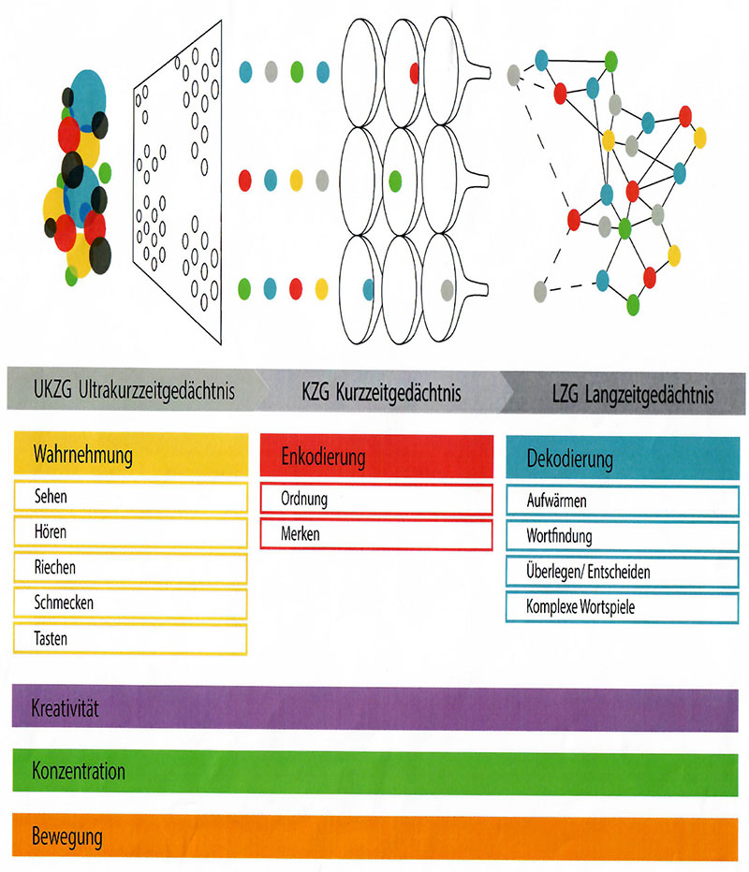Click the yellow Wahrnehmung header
[131, 456]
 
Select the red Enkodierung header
[376, 458]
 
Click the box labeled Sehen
[131, 497]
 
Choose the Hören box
[131, 532]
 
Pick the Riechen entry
[131, 568]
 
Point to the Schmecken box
[131, 603]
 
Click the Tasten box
[131, 639]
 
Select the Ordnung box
[376, 499]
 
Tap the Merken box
[376, 534]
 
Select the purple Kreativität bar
[374, 707]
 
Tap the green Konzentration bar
[374, 773]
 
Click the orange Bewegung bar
[374, 835]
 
